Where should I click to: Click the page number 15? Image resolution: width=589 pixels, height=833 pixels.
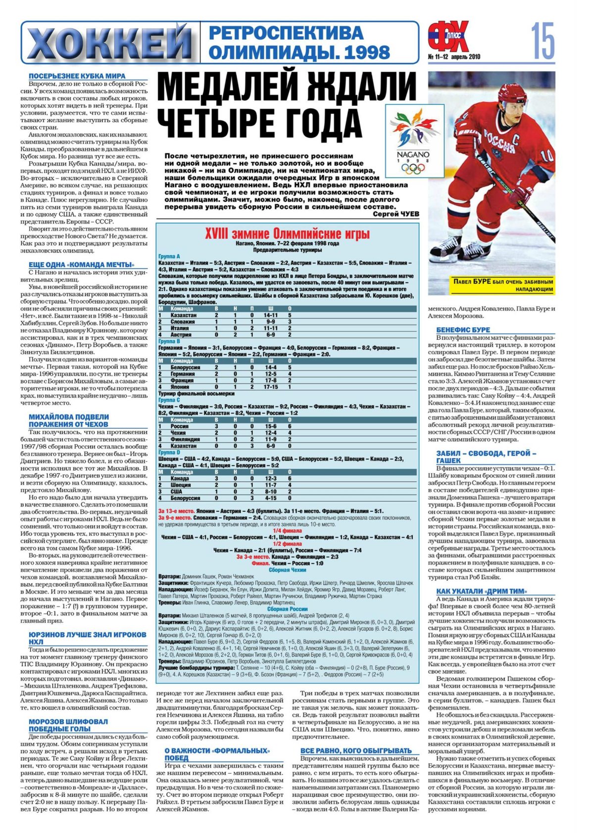(543, 42)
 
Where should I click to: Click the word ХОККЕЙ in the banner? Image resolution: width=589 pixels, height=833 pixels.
(110, 44)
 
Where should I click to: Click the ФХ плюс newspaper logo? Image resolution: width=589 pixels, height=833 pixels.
(448, 38)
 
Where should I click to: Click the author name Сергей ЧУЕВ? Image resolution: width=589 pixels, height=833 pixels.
(395, 214)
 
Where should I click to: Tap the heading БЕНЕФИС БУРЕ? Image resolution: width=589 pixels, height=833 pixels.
(463, 330)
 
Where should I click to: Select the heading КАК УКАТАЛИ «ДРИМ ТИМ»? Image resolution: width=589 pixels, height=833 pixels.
(481, 591)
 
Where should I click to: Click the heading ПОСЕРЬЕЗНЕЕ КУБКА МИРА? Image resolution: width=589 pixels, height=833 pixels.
(77, 76)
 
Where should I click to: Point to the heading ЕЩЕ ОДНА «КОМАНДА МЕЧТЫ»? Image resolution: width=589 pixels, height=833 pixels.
(81, 265)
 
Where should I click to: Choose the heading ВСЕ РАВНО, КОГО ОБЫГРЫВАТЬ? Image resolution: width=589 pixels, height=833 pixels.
(356, 750)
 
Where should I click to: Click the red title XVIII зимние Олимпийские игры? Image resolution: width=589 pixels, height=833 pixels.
(287, 233)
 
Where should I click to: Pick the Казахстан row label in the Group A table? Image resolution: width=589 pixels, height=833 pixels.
(183, 315)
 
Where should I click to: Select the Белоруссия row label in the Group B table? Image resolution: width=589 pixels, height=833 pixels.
(185, 368)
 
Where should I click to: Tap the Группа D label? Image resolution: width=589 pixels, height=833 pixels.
(169, 452)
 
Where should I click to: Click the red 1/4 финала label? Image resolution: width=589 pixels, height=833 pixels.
(287, 530)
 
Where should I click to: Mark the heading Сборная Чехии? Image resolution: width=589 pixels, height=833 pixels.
(287, 570)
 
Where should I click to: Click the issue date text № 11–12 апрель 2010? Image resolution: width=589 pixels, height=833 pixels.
(454, 56)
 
